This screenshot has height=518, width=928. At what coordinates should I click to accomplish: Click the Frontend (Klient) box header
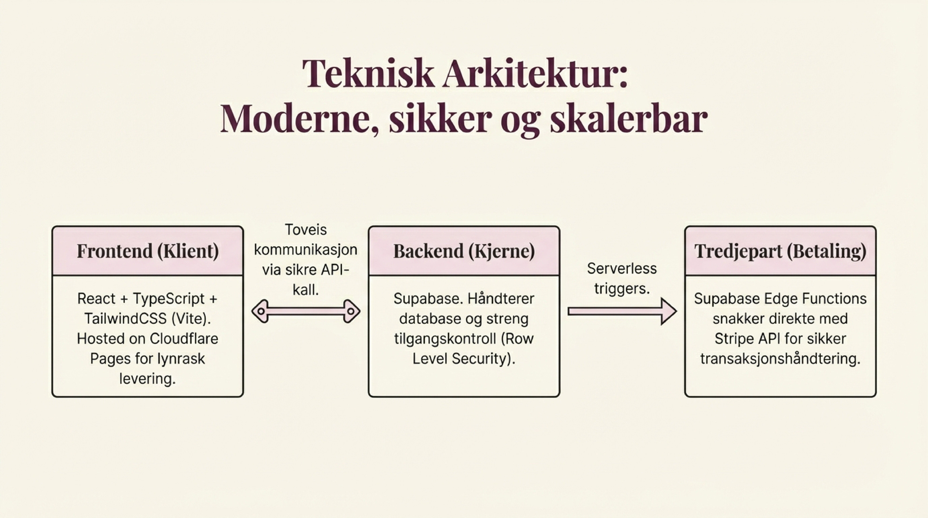coord(148,251)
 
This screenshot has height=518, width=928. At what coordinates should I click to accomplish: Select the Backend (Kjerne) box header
coord(464,251)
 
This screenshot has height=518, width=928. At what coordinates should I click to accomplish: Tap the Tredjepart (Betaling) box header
coord(780,251)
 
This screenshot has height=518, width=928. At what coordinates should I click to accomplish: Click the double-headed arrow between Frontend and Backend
coord(306,311)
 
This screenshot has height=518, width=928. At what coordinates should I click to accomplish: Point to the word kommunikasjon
coord(306,250)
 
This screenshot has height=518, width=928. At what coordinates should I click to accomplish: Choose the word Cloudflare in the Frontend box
coord(184,339)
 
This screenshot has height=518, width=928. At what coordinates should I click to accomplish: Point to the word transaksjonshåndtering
coord(780,359)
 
